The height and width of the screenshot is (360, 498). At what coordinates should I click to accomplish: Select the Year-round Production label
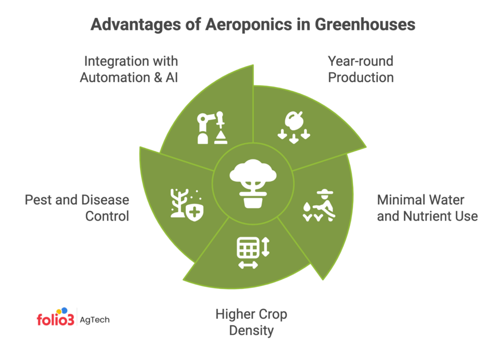(x=360, y=69)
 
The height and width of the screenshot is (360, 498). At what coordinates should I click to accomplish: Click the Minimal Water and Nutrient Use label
(x=427, y=208)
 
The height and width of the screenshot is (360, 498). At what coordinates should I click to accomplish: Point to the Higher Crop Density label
(x=251, y=323)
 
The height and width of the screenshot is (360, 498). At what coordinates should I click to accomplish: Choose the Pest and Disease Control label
(x=77, y=208)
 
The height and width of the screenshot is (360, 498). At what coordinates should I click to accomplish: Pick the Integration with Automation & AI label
(x=129, y=69)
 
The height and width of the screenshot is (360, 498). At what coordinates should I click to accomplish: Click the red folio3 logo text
(x=54, y=320)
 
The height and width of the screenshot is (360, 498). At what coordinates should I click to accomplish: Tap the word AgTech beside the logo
(x=95, y=320)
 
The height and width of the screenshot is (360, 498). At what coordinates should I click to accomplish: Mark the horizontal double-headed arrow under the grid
(x=248, y=265)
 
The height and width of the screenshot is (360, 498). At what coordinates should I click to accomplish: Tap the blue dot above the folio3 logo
(x=64, y=310)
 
